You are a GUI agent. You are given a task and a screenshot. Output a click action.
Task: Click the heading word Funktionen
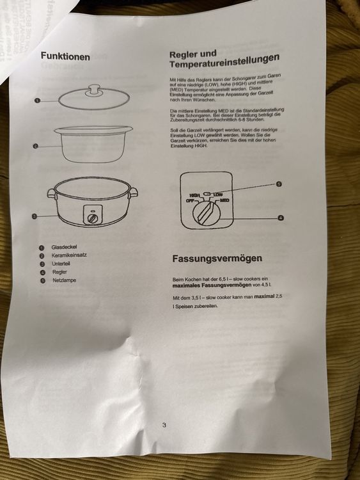(65, 56)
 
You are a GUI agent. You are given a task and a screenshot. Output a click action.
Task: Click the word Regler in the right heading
(184, 55)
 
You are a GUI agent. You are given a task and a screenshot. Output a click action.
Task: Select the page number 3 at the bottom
(164, 424)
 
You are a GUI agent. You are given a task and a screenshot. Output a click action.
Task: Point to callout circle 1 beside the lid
(38, 100)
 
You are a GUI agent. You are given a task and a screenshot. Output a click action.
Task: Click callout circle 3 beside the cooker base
(35, 216)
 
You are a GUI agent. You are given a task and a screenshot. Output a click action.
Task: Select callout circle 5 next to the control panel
(279, 184)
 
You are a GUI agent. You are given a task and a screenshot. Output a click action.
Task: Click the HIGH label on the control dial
(194, 195)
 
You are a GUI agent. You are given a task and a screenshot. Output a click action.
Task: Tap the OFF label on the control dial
(189, 200)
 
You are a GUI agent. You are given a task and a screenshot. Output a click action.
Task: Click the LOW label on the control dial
(219, 193)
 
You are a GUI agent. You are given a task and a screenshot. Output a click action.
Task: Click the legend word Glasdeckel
(65, 247)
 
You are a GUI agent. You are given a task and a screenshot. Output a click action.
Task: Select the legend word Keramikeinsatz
(69, 255)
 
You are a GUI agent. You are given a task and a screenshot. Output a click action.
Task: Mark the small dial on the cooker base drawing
(93, 218)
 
